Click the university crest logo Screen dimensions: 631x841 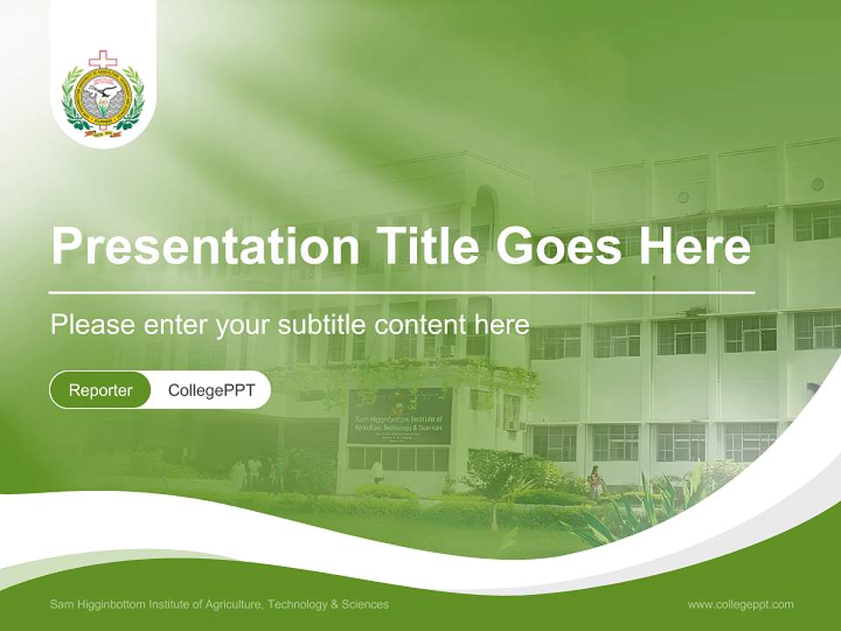click(x=103, y=95)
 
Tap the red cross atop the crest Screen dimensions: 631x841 click(x=103, y=60)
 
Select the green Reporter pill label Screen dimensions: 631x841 click(x=100, y=390)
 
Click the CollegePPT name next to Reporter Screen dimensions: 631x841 click(x=211, y=390)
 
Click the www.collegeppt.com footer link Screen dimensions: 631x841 click(x=740, y=605)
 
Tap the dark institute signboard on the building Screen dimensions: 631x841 click(x=399, y=417)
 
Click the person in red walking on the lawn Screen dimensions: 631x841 click(x=596, y=479)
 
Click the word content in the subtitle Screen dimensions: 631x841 click(x=421, y=325)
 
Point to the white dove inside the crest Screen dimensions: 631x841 click(x=103, y=90)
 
